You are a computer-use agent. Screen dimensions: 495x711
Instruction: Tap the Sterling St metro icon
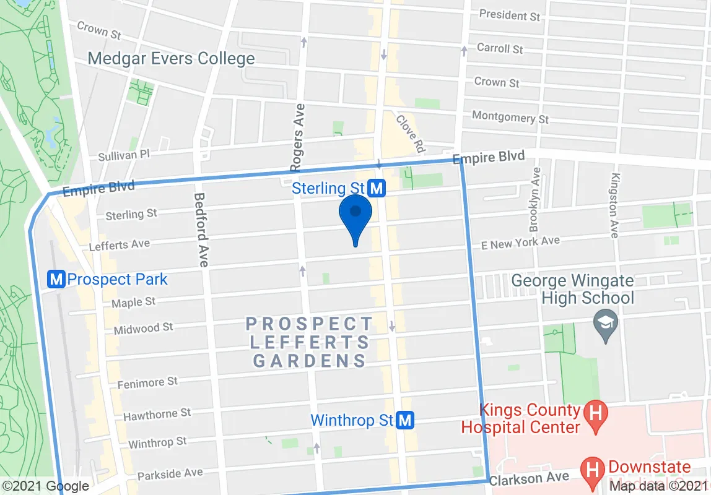tap(377, 187)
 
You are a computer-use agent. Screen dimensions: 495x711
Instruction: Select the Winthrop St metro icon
tap(405, 421)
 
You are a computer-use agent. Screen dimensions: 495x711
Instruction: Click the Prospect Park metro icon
tap(56, 280)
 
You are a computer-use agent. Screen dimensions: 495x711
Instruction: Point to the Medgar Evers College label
tap(171, 59)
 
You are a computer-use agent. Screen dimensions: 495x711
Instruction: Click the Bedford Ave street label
tap(201, 230)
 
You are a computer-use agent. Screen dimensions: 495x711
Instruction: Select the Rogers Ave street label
tap(298, 138)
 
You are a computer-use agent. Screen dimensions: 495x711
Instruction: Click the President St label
tap(510, 15)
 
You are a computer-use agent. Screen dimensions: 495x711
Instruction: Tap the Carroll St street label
tap(500, 48)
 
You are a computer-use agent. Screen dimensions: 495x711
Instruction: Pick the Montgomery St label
tap(510, 117)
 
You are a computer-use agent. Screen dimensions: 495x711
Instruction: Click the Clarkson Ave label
tap(529, 478)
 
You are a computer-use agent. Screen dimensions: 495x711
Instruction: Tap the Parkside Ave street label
tap(170, 475)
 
